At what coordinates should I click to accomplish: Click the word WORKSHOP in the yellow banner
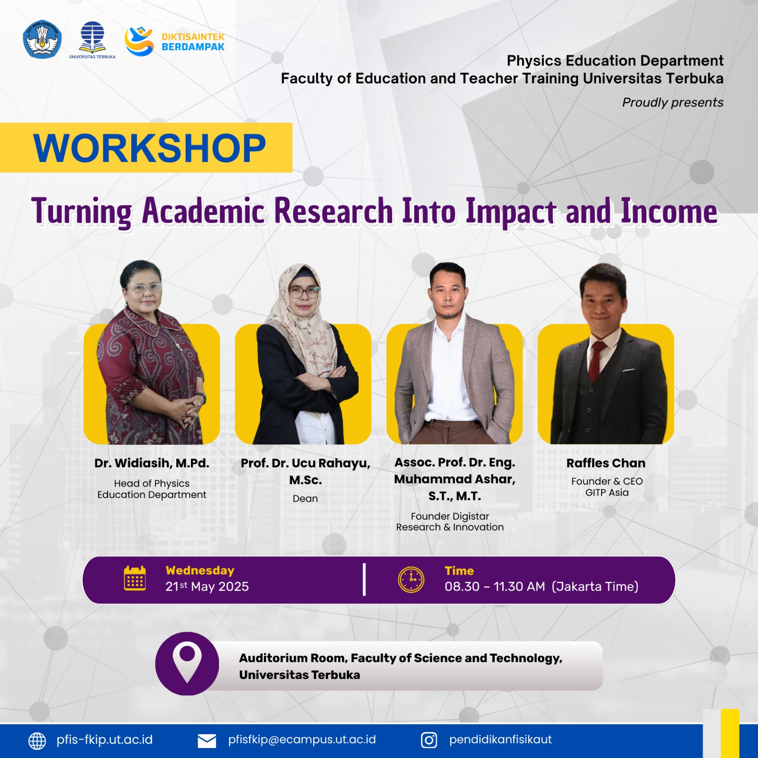150,148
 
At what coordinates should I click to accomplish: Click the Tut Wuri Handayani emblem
42,39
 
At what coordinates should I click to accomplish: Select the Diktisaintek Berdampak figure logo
139,42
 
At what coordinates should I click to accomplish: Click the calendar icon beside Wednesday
135,578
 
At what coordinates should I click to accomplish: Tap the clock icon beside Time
411,579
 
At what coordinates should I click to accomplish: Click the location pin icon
187,663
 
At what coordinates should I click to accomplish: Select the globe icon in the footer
37,740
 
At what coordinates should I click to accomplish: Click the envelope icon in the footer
207,740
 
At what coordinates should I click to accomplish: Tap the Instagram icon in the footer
429,740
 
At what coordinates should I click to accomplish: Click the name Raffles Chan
606,463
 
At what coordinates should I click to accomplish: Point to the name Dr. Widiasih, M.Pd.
152,463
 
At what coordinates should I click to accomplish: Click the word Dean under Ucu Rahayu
305,498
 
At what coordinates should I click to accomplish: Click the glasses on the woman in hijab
304,291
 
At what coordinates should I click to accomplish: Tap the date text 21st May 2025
207,587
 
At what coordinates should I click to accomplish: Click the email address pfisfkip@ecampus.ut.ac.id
302,740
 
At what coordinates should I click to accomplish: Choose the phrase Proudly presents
673,102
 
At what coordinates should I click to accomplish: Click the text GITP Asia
607,493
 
